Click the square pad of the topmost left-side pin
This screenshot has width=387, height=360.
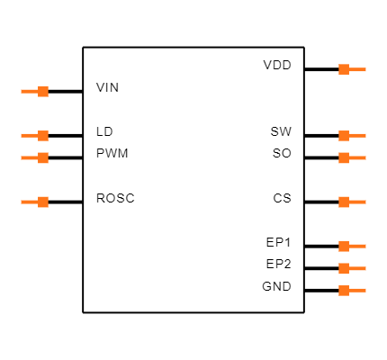(x=43, y=91)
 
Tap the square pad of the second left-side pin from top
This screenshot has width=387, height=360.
(x=43, y=136)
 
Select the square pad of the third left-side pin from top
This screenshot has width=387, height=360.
(x=43, y=157)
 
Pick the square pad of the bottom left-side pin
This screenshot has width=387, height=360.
(x=43, y=202)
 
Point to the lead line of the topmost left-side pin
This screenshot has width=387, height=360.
(x=29, y=91)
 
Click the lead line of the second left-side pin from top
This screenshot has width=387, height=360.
(x=29, y=136)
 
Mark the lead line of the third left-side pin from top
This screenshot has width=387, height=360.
(x=29, y=157)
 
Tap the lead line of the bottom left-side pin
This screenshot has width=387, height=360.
(x=29, y=202)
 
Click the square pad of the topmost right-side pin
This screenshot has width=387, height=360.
(x=344, y=69)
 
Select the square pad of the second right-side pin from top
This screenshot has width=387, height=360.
(x=344, y=136)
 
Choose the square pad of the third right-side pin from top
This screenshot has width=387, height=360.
(x=344, y=157)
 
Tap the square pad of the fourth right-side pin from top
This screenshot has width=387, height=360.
(x=344, y=202)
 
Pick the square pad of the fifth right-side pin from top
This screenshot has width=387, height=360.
(x=344, y=246)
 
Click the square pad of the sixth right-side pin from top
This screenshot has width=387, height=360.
(x=344, y=268)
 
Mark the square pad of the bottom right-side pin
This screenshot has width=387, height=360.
(x=344, y=290)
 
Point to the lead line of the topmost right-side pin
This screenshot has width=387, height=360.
(x=357, y=69)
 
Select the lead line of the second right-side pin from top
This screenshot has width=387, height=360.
(x=357, y=136)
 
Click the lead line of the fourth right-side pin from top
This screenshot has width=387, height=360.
(x=357, y=202)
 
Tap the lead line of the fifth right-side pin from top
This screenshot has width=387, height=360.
(x=357, y=246)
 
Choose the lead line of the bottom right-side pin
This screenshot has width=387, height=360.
(x=357, y=290)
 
